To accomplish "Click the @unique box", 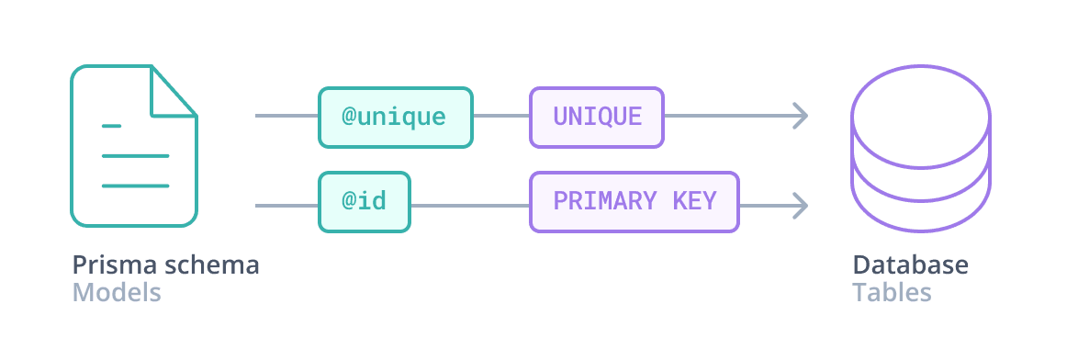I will [395, 118].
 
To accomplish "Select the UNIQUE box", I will [596, 118].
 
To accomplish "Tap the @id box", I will [364, 202].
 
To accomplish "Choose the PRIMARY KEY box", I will [634, 202].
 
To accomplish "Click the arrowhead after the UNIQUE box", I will [800, 117].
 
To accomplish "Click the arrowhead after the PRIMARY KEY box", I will [800, 205].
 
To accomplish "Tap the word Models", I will [117, 294].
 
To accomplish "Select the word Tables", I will [892, 294].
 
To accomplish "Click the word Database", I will [910, 265].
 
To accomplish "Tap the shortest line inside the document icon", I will [111, 125].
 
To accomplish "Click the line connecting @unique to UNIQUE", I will [500, 117].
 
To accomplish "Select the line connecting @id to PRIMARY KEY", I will [469, 205].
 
